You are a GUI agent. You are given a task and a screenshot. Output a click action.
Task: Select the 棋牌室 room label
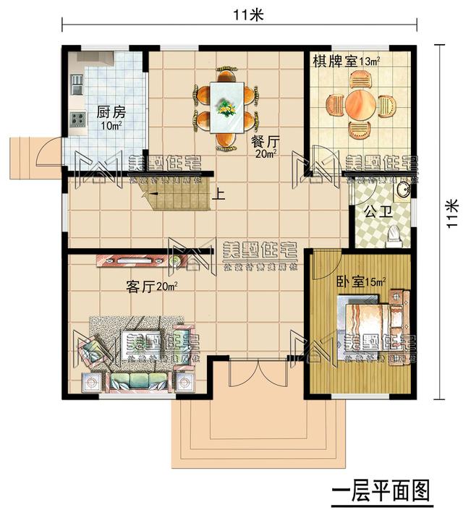(334, 61)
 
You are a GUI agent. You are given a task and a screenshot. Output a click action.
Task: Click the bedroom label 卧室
(351, 281)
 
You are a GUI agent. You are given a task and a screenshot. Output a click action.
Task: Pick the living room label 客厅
(142, 287)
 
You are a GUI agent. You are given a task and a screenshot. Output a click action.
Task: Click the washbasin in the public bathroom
(402, 190)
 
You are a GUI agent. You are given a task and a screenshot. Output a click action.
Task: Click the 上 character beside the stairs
(218, 193)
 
